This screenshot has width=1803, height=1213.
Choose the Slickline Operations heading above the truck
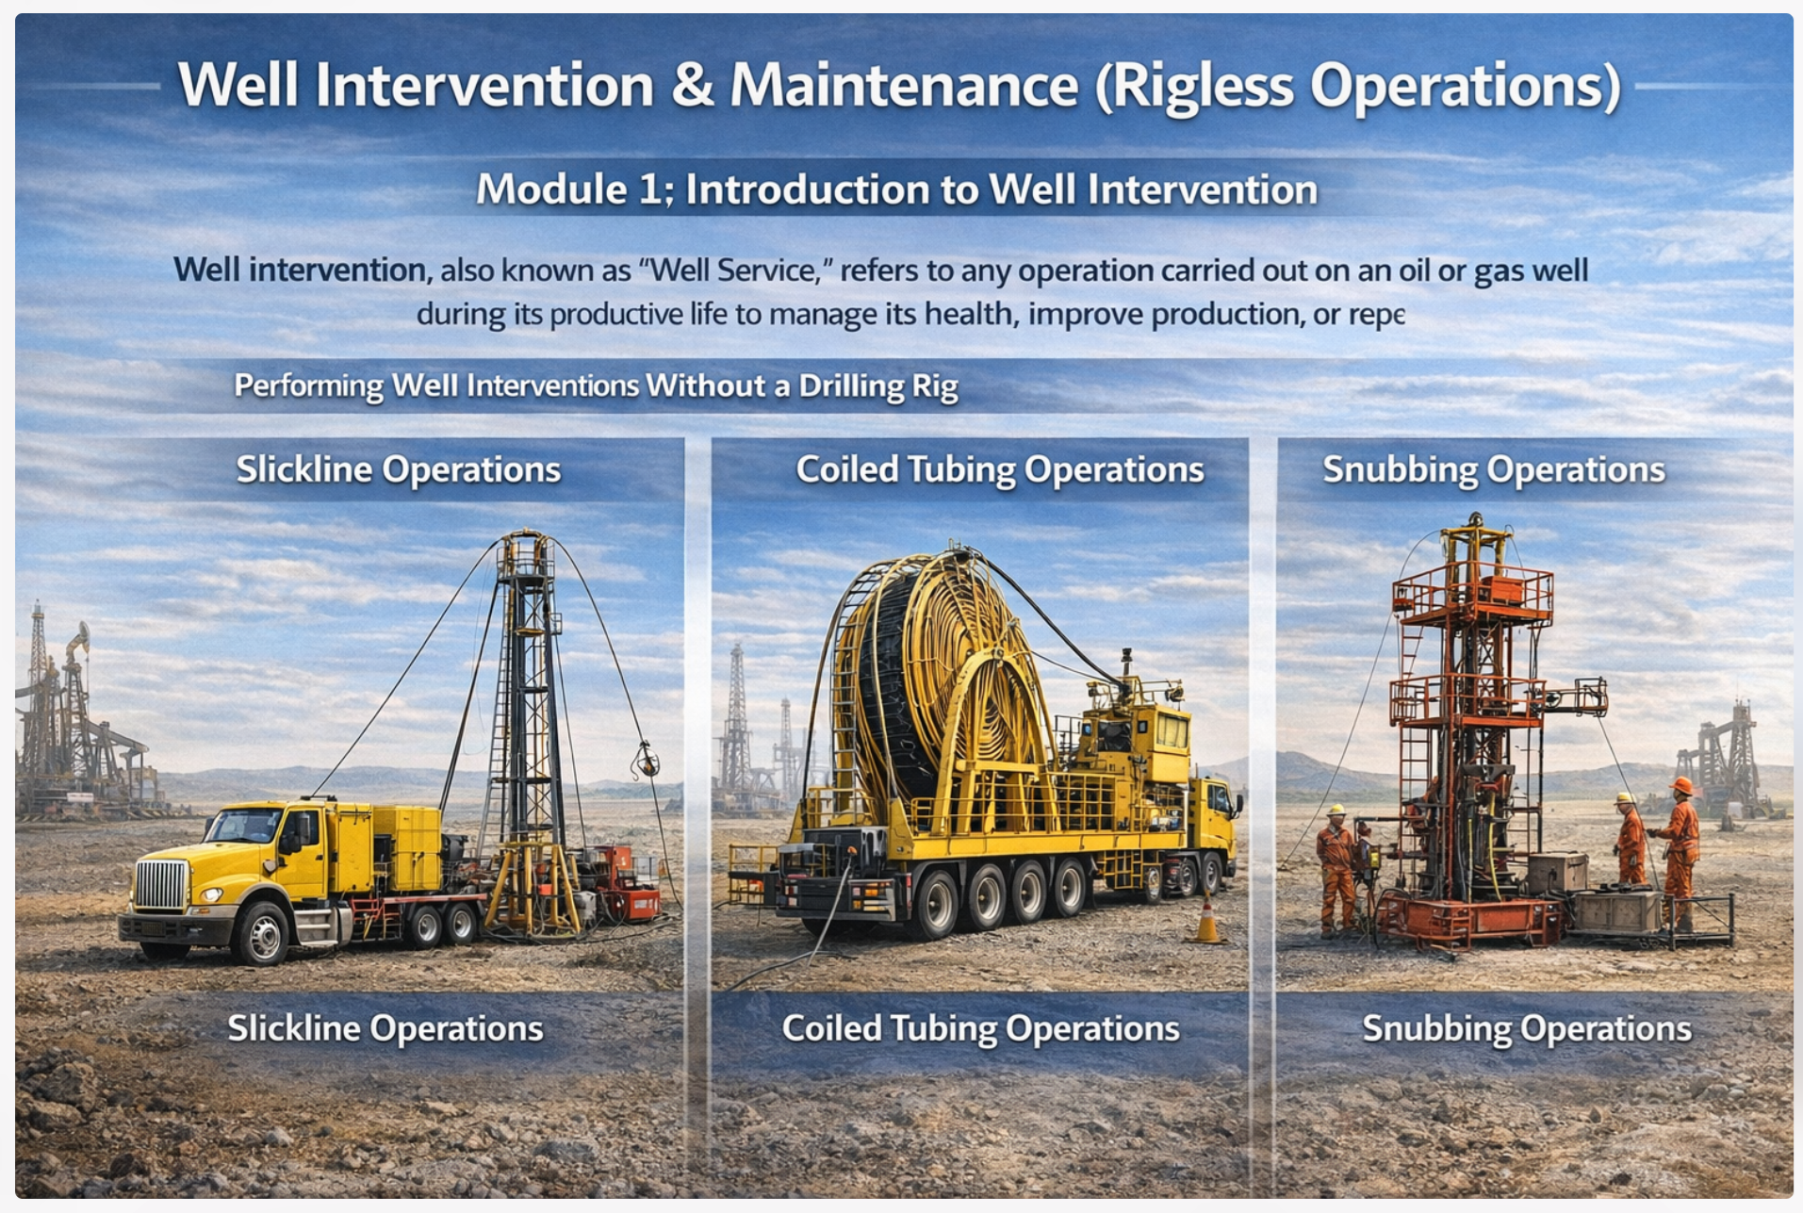point(399,469)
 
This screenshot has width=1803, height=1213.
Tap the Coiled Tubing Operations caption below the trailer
point(980,1028)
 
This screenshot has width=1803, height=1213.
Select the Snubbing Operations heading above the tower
point(1494,469)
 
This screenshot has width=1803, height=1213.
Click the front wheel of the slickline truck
point(262,933)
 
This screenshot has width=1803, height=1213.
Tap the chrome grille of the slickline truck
point(161,884)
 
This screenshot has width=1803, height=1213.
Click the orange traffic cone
point(1206,920)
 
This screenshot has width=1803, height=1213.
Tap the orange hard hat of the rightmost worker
point(1681,785)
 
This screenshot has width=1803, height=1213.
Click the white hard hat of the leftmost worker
point(1336,810)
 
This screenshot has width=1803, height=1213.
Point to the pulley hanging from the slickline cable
point(647,760)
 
